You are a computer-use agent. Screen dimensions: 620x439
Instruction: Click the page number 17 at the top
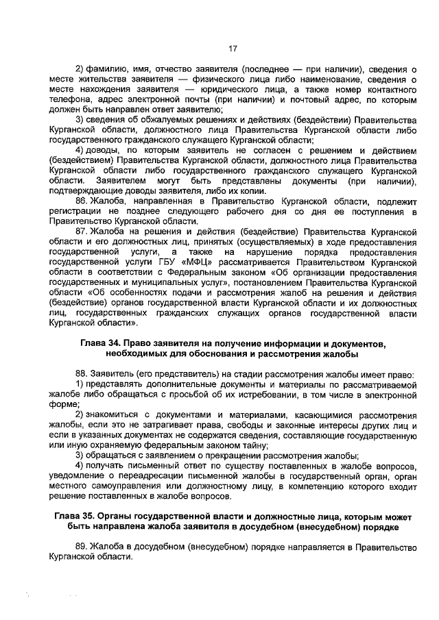tap(233, 48)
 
